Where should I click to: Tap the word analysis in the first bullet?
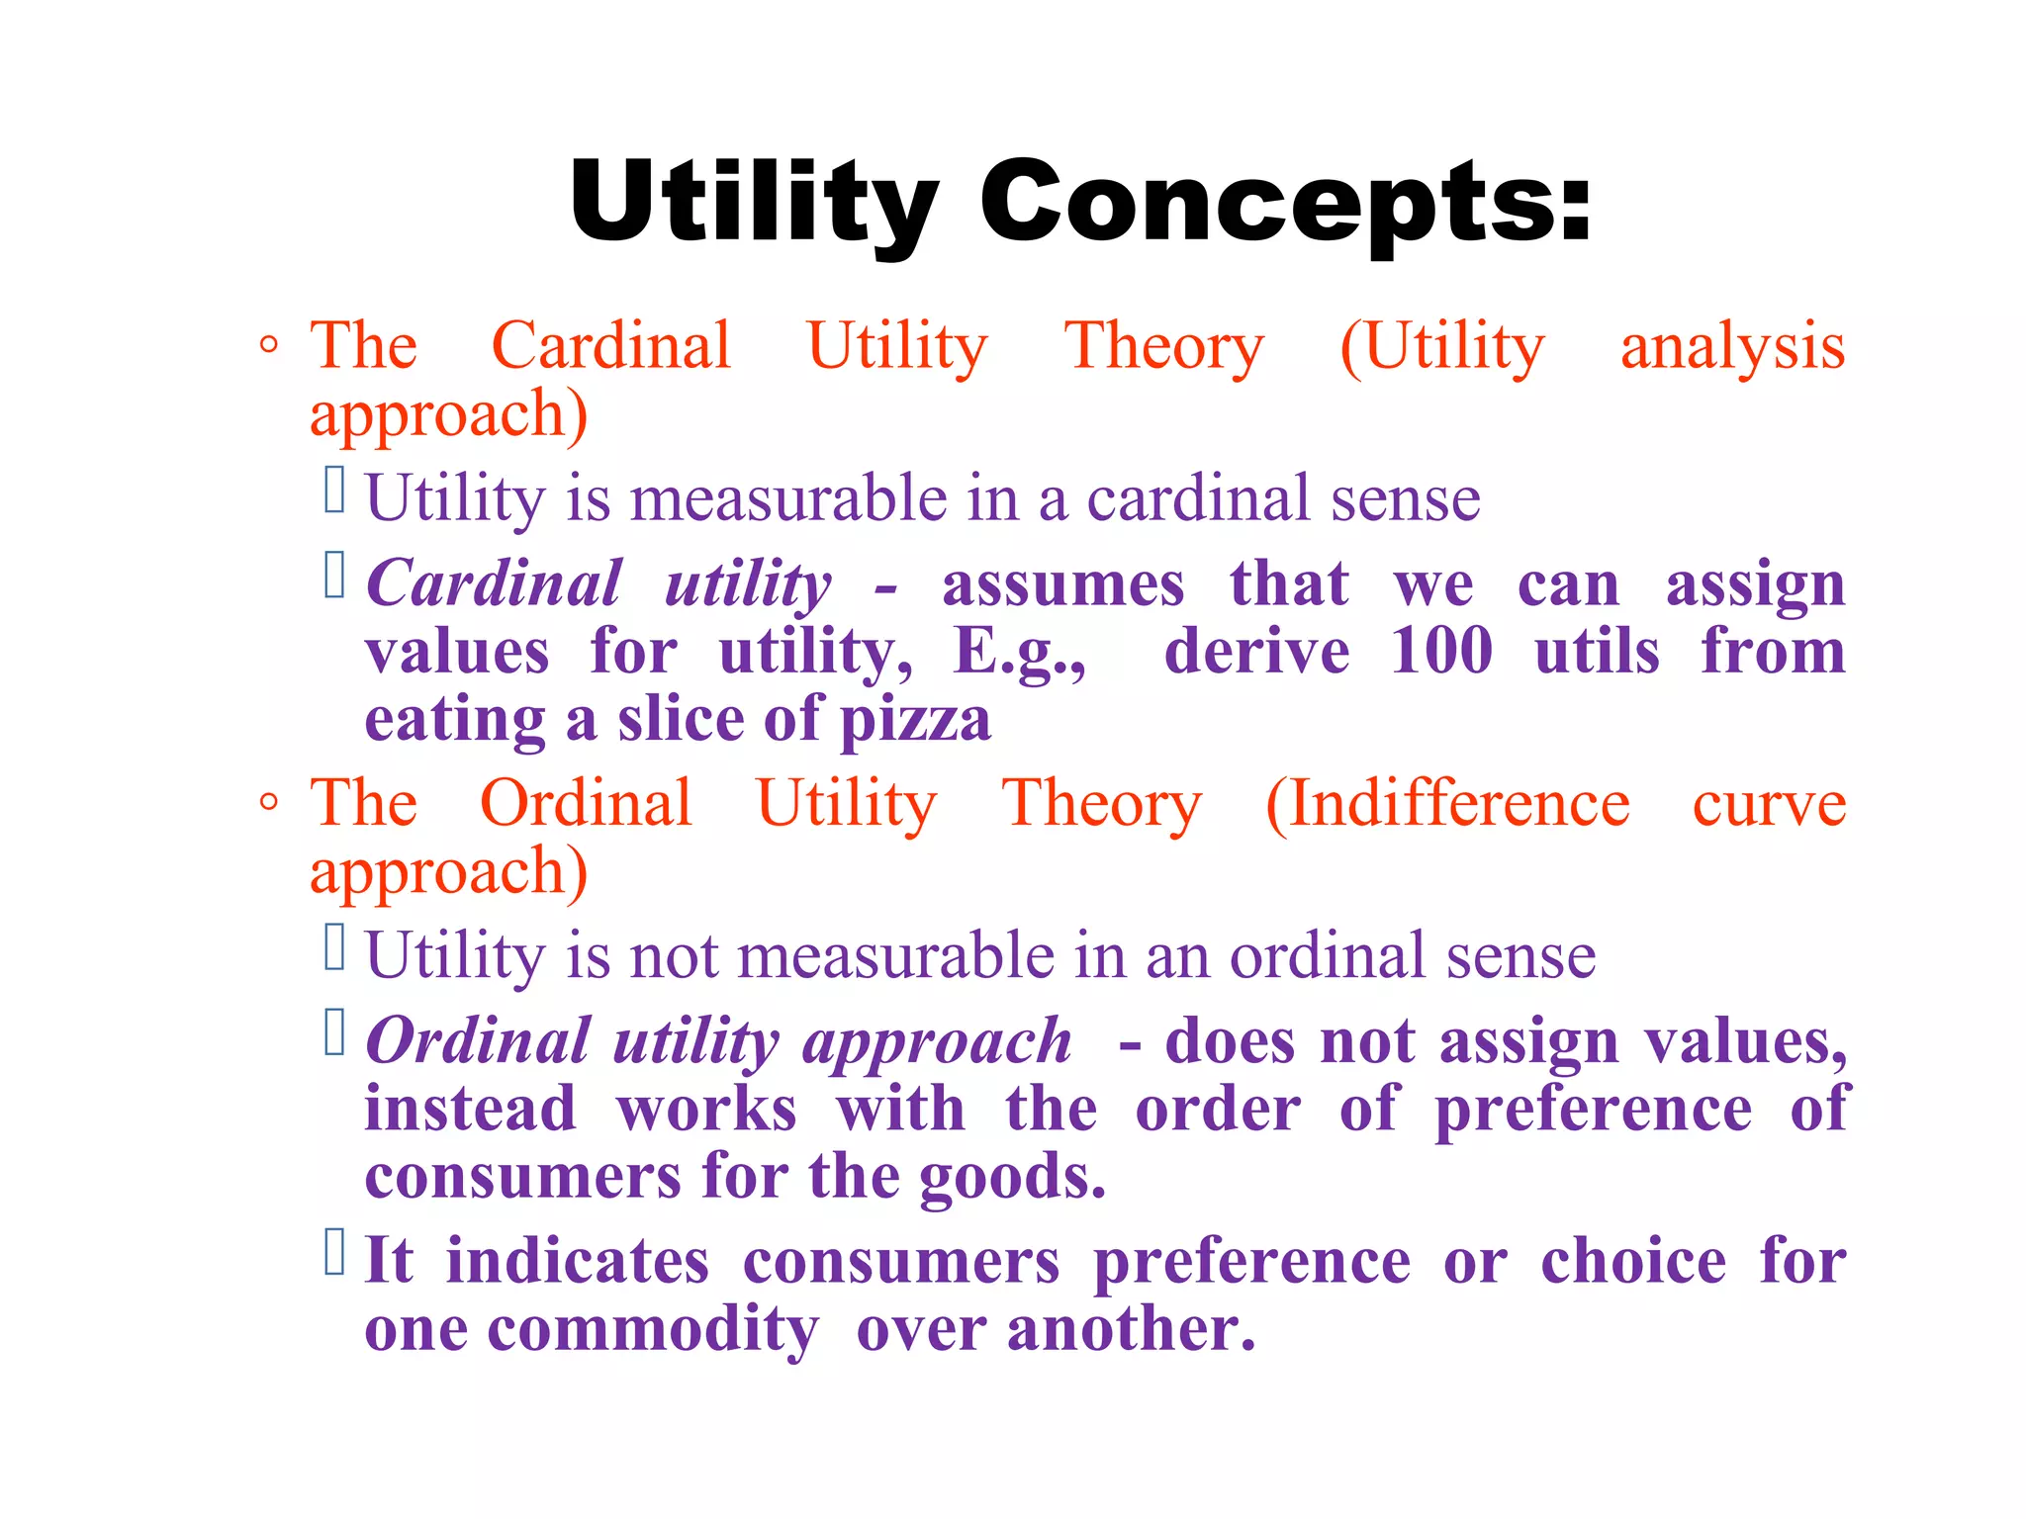pyautogui.click(x=1732, y=348)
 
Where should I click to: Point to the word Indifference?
pyautogui.click(x=1448, y=803)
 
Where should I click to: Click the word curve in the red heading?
pyautogui.click(x=1769, y=805)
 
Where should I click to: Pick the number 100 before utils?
pyautogui.click(x=1441, y=652)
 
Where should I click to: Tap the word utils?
pyautogui.click(x=1597, y=653)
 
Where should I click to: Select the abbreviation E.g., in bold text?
pyautogui.click(x=1020, y=654)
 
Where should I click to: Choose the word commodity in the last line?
pyautogui.click(x=653, y=1330)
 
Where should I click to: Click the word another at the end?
pyautogui.click(x=1131, y=1329)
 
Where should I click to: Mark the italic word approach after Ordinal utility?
pyautogui.click(x=936, y=1043)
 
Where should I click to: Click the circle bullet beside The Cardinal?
pyautogui.click(x=268, y=345)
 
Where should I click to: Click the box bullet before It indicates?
pyautogui.click(x=334, y=1252)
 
